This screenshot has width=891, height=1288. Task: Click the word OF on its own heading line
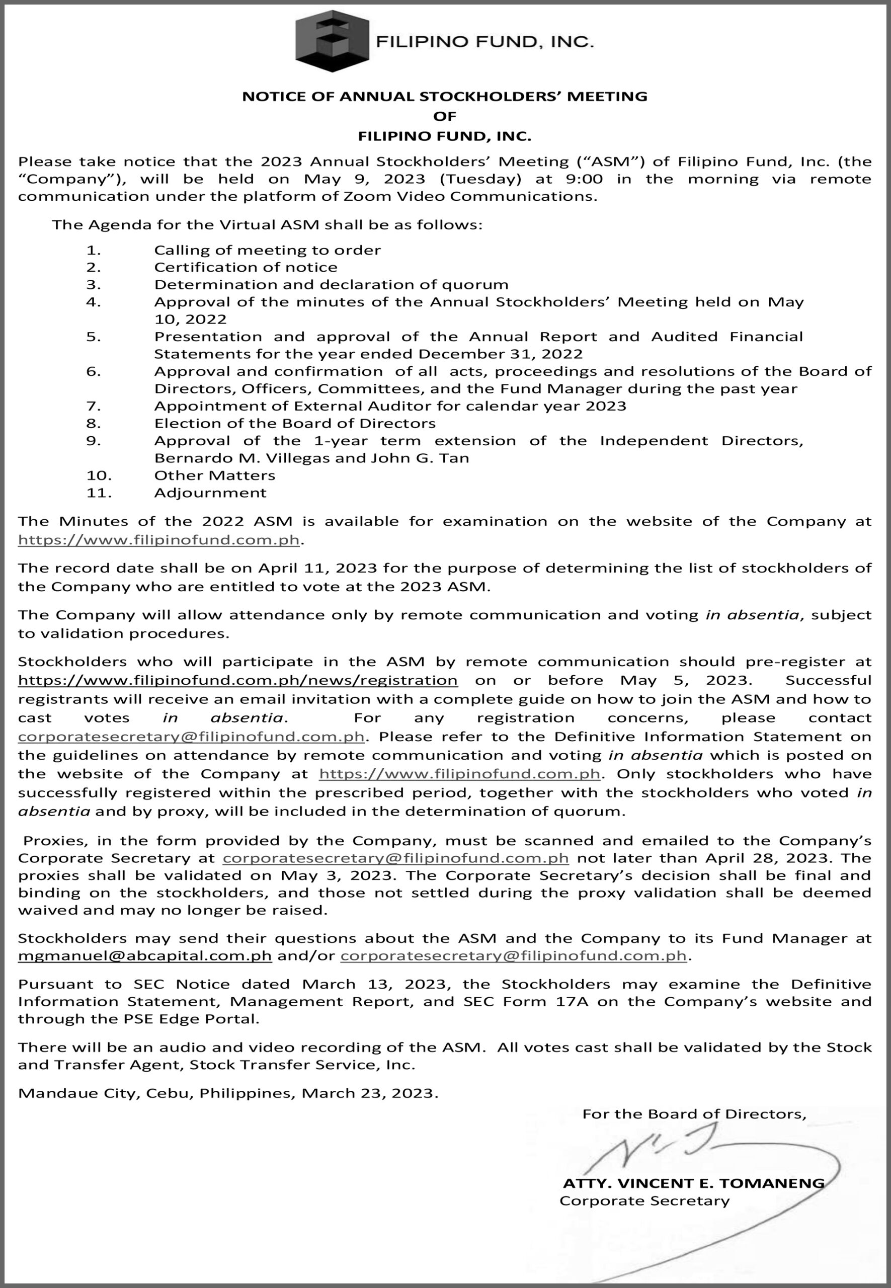445,116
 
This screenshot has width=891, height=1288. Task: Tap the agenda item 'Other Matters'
214,475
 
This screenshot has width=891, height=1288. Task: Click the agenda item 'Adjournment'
210,493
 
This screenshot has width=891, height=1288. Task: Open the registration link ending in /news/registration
238,680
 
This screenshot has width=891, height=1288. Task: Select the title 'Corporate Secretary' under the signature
644,1200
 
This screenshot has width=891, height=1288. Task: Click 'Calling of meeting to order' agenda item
268,250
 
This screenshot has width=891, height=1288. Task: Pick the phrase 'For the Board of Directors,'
694,1114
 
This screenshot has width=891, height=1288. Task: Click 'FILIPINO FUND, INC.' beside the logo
484,42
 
